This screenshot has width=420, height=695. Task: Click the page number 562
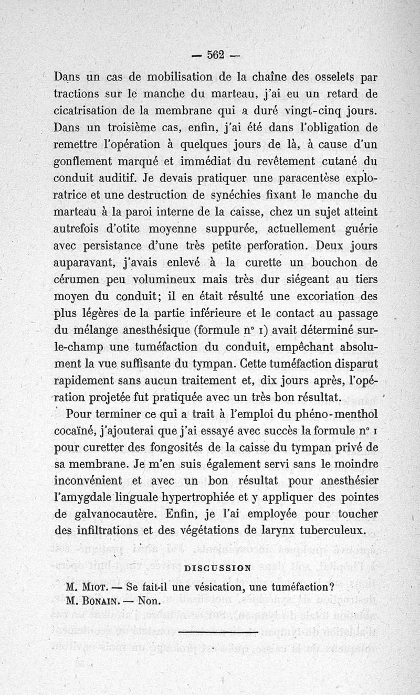[x=216, y=54]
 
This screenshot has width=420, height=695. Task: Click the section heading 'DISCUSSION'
[x=218, y=568]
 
